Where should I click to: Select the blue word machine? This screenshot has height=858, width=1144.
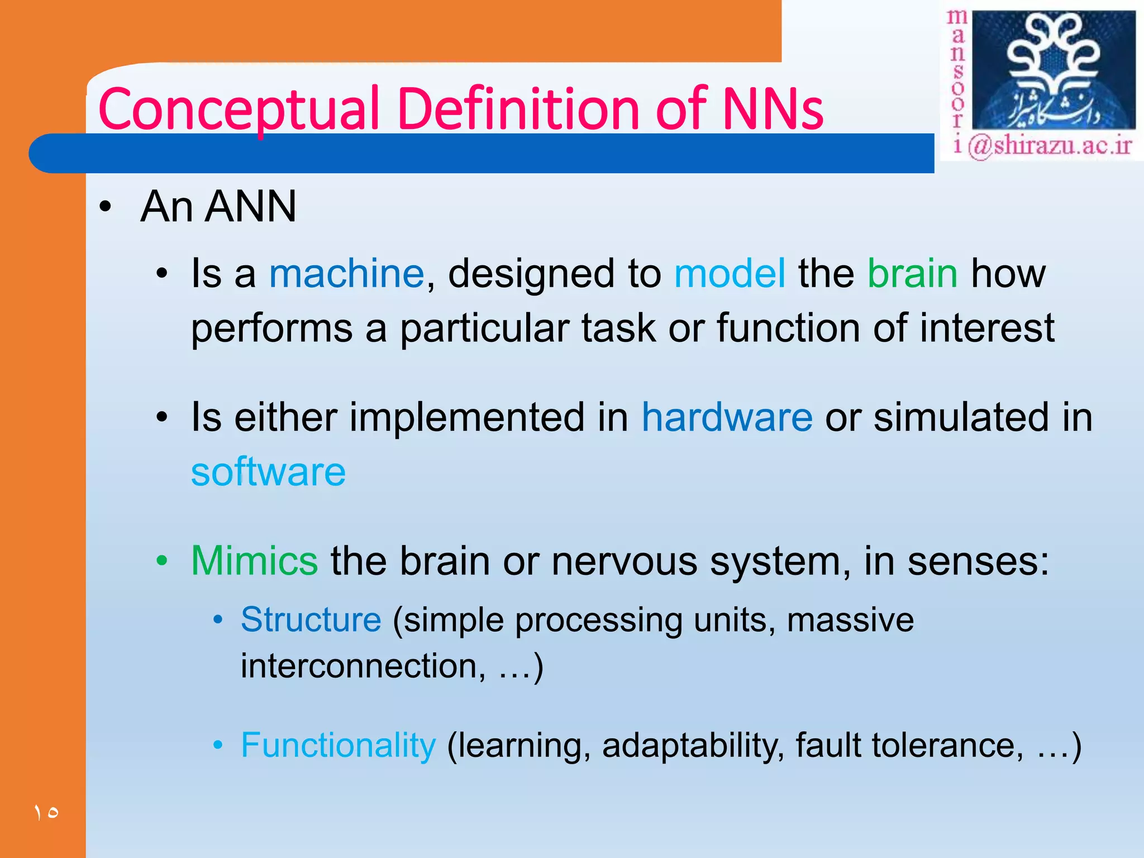(346, 274)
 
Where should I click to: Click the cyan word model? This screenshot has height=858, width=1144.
(730, 274)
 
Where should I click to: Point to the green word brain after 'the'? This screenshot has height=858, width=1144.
(913, 274)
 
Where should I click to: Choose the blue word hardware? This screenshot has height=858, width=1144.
(727, 417)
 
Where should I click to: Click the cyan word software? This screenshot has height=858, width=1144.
(268, 472)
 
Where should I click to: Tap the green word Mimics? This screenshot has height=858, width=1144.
(255, 560)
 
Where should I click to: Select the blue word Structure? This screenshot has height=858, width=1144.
(311, 619)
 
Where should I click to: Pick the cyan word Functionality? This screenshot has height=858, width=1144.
(338, 745)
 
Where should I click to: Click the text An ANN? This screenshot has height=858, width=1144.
(218, 207)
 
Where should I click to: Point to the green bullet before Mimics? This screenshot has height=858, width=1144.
(162, 561)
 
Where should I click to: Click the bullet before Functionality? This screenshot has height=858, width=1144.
(218, 746)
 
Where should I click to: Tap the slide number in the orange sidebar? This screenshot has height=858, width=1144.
(46, 812)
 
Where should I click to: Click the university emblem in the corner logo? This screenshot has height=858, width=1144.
(1053, 70)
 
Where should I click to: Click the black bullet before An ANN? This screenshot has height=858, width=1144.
(106, 207)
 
